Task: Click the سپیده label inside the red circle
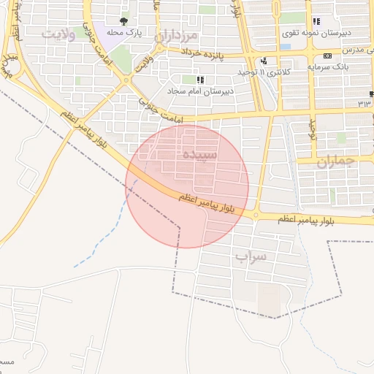(x=199, y=155)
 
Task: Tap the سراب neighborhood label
(x=251, y=256)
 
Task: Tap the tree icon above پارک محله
(x=123, y=21)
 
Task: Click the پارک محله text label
(x=123, y=33)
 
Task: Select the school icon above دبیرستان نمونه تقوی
(x=316, y=21)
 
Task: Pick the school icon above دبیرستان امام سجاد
(x=199, y=79)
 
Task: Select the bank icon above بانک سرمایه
(x=327, y=56)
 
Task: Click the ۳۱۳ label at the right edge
(x=365, y=104)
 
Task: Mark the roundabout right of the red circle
(x=256, y=214)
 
